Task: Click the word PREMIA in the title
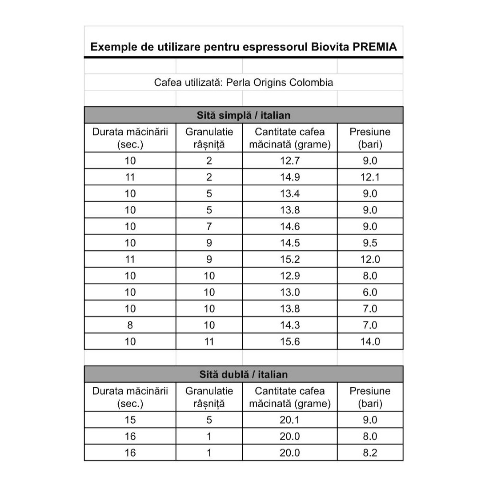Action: (x=375, y=47)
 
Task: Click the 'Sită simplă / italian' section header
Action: (x=244, y=116)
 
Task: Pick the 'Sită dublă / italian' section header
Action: (x=244, y=374)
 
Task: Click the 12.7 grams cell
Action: (x=290, y=160)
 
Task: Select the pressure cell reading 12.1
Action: (x=370, y=177)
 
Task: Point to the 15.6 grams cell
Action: (x=290, y=341)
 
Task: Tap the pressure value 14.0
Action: (x=370, y=341)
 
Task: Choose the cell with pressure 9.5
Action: (x=370, y=243)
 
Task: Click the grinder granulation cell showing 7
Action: (x=209, y=226)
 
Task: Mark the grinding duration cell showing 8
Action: (x=130, y=325)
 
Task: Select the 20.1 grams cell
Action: (x=290, y=420)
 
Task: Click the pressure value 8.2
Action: (x=370, y=453)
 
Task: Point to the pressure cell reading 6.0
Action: (x=370, y=292)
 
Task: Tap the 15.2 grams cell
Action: (x=290, y=259)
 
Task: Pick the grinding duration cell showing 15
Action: (x=130, y=420)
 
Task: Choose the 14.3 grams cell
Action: (x=290, y=325)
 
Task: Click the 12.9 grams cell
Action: (x=290, y=276)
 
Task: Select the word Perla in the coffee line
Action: (x=238, y=83)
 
